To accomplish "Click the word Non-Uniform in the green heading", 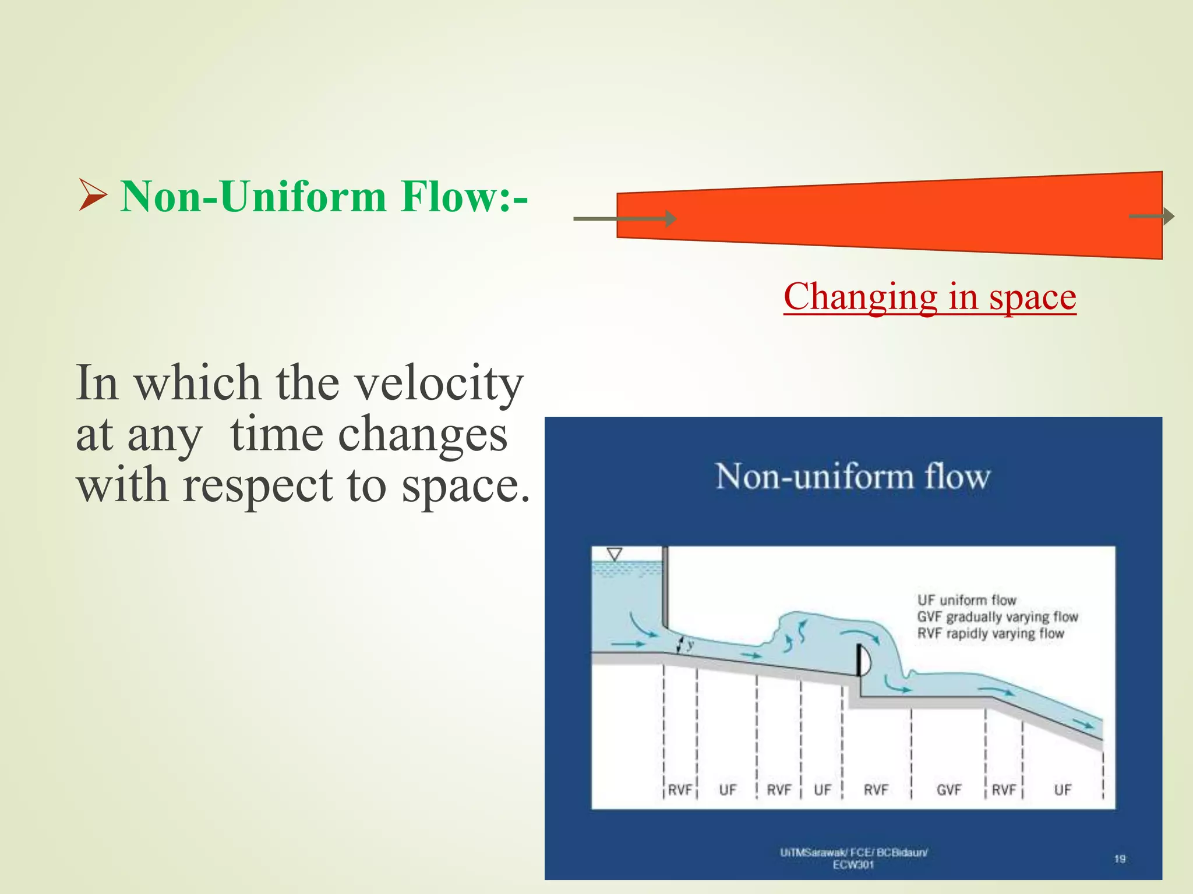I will (253, 197).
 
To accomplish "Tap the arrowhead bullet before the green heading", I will (92, 196).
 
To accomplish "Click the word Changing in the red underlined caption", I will (860, 297).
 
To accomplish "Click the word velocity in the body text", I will (439, 384).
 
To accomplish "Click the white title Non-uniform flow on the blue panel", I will (853, 476).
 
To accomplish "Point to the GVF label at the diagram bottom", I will (949, 790).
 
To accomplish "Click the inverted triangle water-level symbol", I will (615, 554).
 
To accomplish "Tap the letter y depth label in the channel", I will (690, 644).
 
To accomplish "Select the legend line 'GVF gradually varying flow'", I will (997, 617).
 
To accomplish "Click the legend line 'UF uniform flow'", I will (966, 600).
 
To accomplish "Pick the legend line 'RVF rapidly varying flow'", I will (990, 633).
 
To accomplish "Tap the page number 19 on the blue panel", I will (1120, 859).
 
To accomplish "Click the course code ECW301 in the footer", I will (853, 865).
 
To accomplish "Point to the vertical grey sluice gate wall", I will (665, 588).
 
